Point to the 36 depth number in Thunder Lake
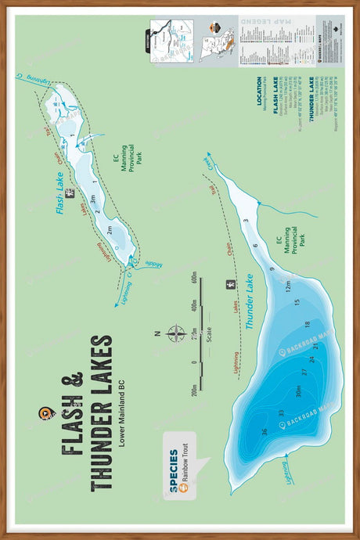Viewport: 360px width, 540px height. [265, 432]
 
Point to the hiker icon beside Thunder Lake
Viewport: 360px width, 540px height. [229, 284]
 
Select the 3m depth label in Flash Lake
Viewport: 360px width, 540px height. [93, 200]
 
